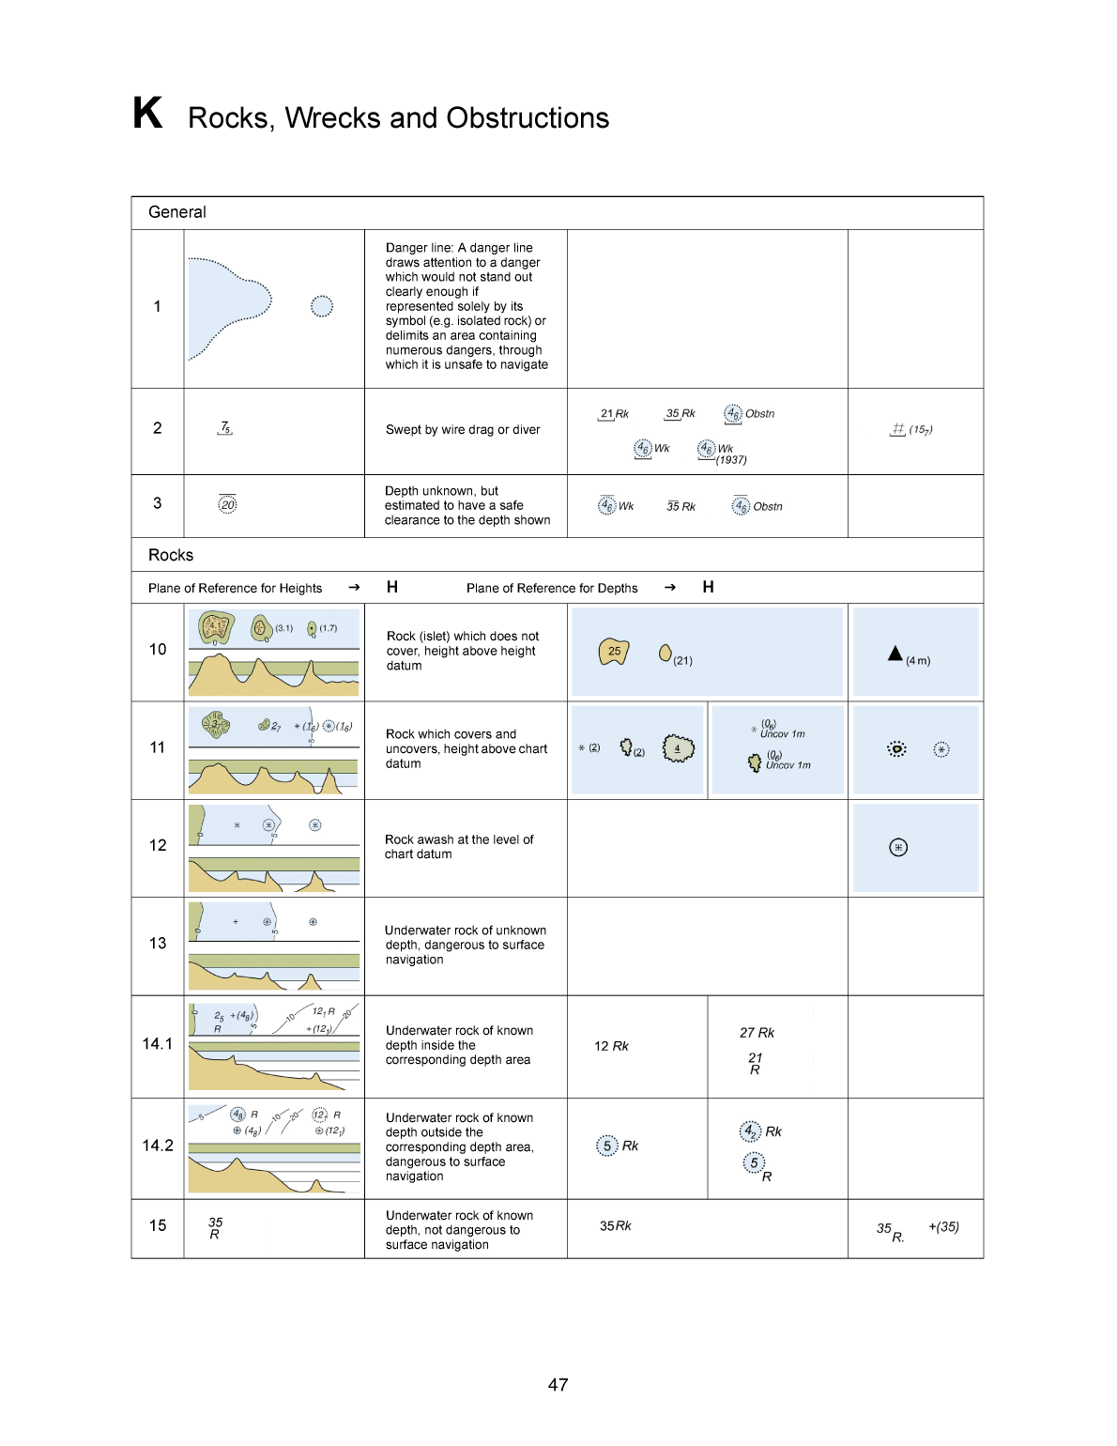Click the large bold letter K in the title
tap(147, 113)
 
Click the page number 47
tap(558, 1385)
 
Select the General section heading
tap(177, 212)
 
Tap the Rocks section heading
tap(171, 555)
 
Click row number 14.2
tap(158, 1146)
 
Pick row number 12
tap(158, 845)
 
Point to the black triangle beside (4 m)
tap(895, 654)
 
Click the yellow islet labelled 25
tap(614, 651)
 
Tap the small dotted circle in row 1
tap(322, 306)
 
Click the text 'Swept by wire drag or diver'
tap(463, 430)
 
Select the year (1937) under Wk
tap(731, 460)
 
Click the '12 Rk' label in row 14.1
tap(611, 1046)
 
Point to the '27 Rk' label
tap(757, 1033)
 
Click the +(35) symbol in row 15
tap(943, 1226)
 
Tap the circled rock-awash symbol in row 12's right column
tap(898, 848)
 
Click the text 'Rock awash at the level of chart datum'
tap(459, 847)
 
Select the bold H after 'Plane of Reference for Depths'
tap(708, 587)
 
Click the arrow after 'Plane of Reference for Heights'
tap(354, 588)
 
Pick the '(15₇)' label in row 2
tap(921, 430)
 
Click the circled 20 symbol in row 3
tap(227, 504)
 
